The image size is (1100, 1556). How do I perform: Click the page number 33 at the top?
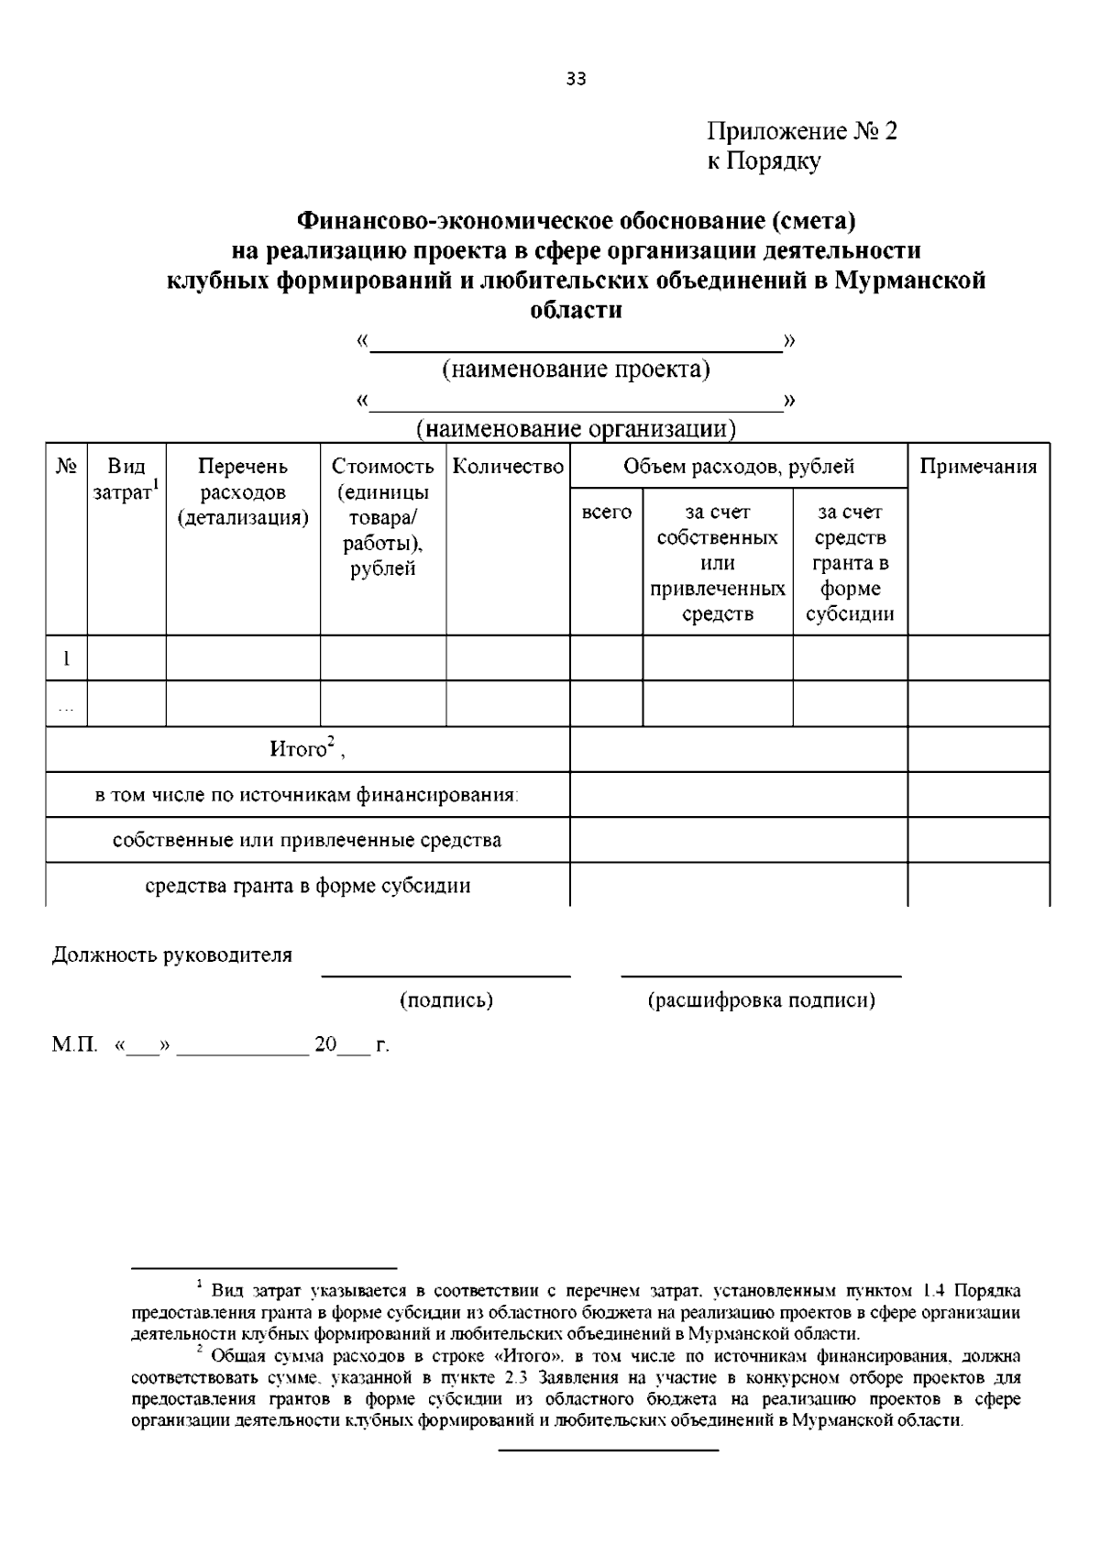click(576, 79)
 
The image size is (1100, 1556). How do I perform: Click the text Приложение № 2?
click(802, 131)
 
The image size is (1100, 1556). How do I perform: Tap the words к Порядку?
click(763, 161)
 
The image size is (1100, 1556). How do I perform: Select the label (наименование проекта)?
click(576, 370)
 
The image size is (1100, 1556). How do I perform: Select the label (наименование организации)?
click(576, 428)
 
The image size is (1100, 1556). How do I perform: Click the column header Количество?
click(508, 467)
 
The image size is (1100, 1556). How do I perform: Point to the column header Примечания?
click(978, 467)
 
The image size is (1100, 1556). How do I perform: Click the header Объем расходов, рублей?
click(739, 467)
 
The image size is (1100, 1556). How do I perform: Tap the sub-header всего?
click(607, 512)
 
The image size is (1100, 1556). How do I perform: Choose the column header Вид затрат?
click(126, 480)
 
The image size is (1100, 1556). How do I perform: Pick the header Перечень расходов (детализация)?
click(243, 492)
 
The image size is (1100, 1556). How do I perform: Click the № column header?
click(66, 467)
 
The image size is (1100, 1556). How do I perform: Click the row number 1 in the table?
click(66, 658)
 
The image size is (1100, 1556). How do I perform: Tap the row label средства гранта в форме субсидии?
click(308, 886)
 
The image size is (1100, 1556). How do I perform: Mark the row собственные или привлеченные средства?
click(307, 840)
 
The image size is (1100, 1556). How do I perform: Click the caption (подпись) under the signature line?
click(446, 1000)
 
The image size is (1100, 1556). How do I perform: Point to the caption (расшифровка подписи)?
click(761, 1000)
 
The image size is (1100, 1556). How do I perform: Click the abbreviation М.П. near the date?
click(74, 1045)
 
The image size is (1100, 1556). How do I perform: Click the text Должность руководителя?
click(172, 955)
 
